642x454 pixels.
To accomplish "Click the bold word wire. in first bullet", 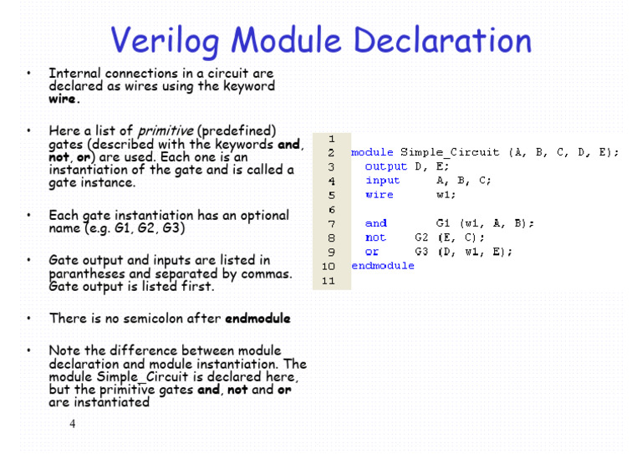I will click(x=65, y=99).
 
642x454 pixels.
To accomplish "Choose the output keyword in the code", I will click(x=386, y=166).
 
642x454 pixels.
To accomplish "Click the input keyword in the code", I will click(x=383, y=181).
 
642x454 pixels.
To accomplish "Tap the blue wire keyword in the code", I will click(x=380, y=195).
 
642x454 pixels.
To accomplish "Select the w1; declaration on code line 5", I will click(x=445, y=195).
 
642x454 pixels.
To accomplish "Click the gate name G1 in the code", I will click(x=443, y=223).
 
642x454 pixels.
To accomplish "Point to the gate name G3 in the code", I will click(x=421, y=252).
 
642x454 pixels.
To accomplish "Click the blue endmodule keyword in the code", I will click(x=383, y=266).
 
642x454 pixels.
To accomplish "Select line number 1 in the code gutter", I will click(x=332, y=138).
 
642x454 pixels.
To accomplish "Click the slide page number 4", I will click(x=73, y=424).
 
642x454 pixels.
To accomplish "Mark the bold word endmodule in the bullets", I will click(x=257, y=319).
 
